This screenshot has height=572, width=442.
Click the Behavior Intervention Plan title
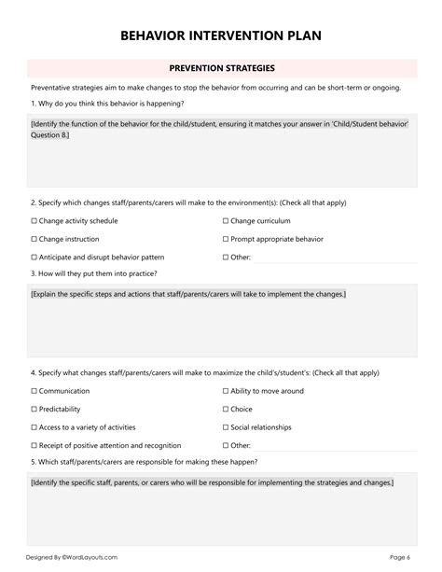tap(221, 36)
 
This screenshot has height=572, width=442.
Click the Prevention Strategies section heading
tap(221, 68)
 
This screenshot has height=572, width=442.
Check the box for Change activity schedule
tap(34, 221)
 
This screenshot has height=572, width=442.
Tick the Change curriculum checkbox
tap(226, 221)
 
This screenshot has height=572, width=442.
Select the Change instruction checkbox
tap(34, 239)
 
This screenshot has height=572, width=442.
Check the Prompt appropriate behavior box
tap(226, 239)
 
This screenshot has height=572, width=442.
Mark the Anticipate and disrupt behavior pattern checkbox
tap(34, 257)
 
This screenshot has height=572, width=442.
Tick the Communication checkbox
tap(34, 392)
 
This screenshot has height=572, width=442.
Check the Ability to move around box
tap(226, 392)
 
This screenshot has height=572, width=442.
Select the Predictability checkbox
tap(34, 410)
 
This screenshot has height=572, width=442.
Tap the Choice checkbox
tap(226, 410)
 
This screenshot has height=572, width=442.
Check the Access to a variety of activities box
tap(34, 427)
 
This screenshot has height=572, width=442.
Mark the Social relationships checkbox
tap(226, 427)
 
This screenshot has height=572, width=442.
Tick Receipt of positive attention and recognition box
tap(34, 445)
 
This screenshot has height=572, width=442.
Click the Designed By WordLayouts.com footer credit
tap(71, 557)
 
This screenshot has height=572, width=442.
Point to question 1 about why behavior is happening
tap(94, 104)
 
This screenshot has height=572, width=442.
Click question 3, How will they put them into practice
tap(93, 273)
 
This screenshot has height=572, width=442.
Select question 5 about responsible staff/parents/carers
tap(144, 462)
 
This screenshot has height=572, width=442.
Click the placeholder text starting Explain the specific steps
tap(187, 294)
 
